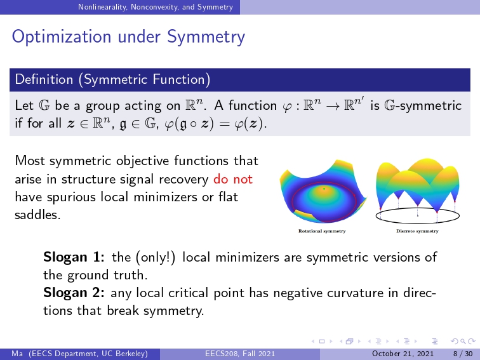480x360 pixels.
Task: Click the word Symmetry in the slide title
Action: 206,37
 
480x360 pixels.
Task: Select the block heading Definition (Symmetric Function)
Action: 112,79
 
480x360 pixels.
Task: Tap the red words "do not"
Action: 233,179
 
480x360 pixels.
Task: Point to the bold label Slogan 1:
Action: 74,257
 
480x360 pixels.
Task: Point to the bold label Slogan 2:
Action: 74,293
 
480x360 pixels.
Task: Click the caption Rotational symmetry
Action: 322,231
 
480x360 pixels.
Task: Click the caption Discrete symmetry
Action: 417,231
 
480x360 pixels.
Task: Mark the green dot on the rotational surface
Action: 324,189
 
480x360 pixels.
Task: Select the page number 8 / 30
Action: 463,354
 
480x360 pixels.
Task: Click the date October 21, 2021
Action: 403,354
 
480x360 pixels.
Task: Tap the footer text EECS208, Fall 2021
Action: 240,354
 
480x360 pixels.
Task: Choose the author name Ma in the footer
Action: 17,354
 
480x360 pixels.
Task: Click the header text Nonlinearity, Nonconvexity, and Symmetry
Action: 156,7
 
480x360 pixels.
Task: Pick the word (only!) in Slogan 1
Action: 156,257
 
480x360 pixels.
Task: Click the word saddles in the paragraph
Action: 37,215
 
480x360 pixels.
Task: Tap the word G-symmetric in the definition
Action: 423,105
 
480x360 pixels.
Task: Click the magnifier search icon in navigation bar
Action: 463,342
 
